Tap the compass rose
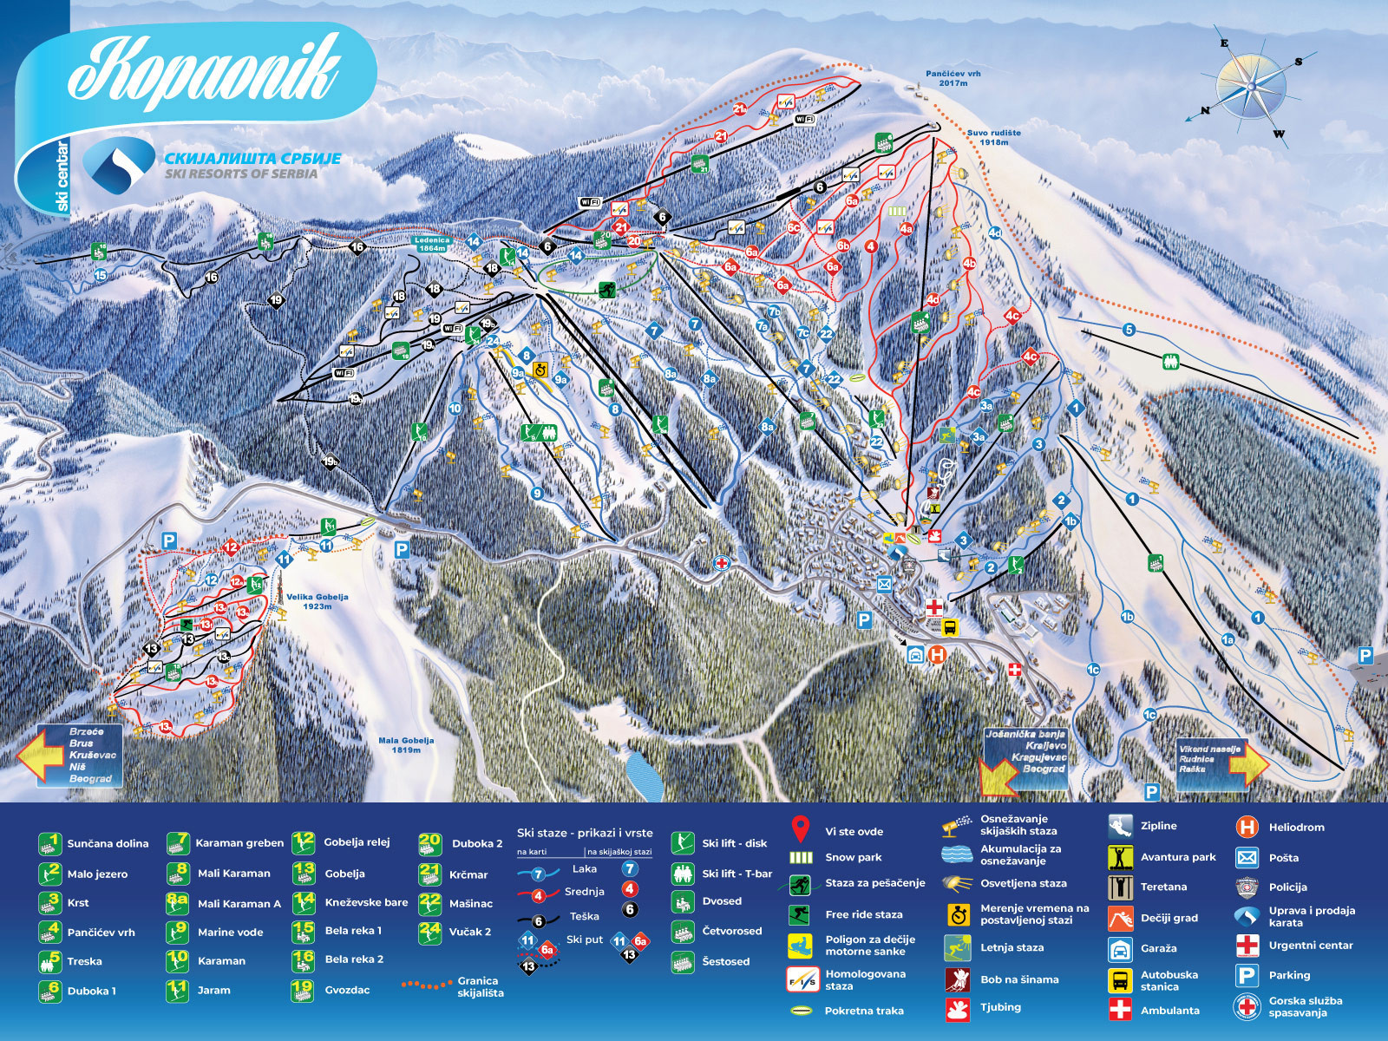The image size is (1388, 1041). coord(1250,87)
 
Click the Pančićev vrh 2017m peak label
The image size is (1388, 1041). coord(953,78)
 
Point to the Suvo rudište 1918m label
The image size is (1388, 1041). coord(993,137)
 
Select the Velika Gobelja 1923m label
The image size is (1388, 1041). coord(317,601)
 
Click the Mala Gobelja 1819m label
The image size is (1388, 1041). coord(405,744)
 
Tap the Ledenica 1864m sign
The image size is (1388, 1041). coord(431,244)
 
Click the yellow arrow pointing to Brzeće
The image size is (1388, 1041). coord(39,754)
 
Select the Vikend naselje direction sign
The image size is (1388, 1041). coord(1210,758)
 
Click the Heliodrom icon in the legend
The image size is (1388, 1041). coord(1247,827)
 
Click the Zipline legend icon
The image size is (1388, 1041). coord(1120,826)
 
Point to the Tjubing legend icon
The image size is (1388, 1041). coord(957,1009)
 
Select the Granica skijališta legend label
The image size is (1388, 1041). coord(479,986)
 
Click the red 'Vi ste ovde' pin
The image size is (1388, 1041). coord(801,829)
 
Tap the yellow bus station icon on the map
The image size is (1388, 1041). coord(950,627)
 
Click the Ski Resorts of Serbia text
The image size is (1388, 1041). coord(241,173)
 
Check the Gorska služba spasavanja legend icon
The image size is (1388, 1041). coord(1247,1006)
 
